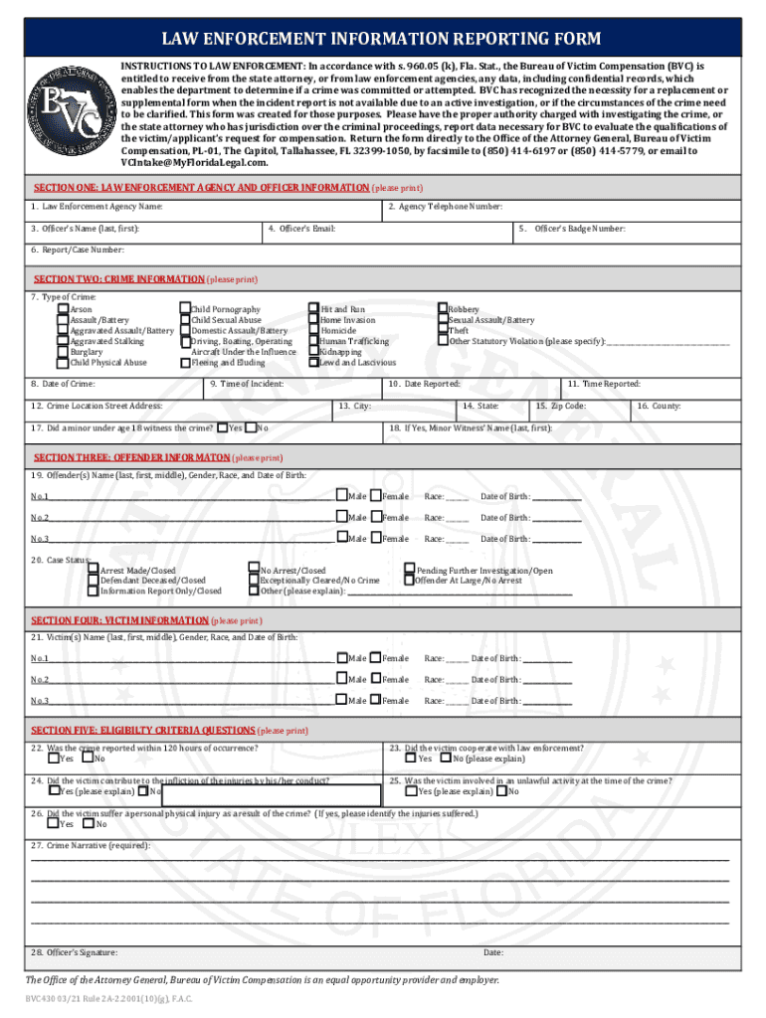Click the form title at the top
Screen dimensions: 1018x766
382,39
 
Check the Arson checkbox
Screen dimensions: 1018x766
64,310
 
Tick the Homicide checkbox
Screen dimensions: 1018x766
313,331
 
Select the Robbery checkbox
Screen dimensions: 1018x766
443,310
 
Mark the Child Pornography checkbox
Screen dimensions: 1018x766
184,310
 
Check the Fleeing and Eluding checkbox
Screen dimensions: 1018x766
184,363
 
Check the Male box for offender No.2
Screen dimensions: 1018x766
341,517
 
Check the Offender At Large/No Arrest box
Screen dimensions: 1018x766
408,581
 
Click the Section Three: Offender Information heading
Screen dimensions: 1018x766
159,457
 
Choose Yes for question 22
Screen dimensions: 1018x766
53,759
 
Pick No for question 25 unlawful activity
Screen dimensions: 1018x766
501,791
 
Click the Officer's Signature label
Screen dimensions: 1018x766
74,952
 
